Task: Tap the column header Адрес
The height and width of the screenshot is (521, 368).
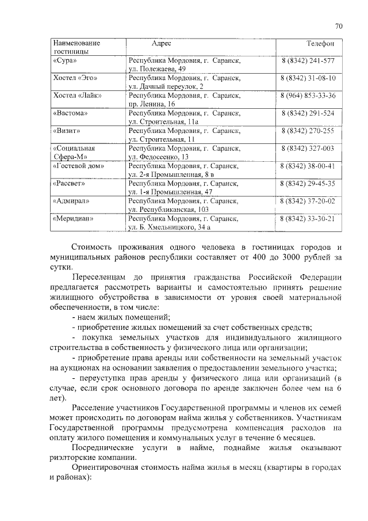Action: click(161, 44)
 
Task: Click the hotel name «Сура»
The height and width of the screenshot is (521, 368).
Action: click(64, 60)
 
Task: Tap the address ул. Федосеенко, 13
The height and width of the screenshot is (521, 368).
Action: click(159, 157)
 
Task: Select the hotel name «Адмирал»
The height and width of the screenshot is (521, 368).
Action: click(71, 201)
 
